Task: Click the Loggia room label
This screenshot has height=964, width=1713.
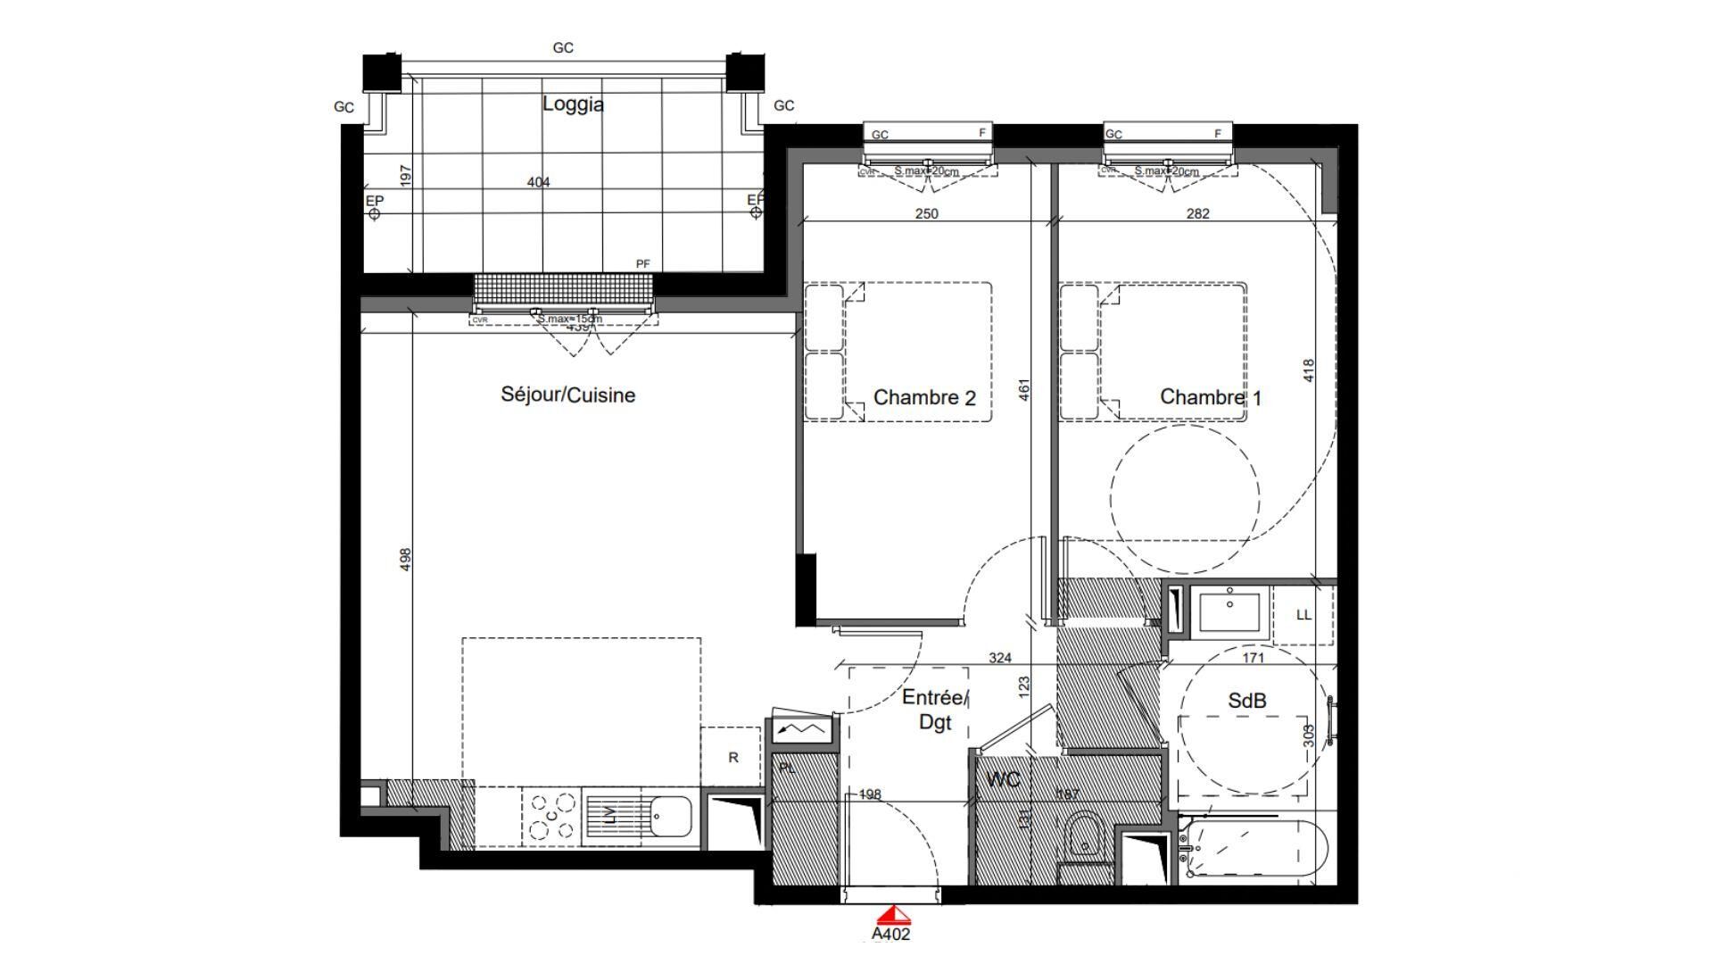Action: coord(573,104)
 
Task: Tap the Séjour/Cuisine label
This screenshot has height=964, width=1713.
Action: coord(567,395)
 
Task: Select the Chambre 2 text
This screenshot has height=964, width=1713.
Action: coord(923,398)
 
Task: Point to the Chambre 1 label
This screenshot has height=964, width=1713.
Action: coord(1210,397)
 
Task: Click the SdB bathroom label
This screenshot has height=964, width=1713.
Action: coord(1246,702)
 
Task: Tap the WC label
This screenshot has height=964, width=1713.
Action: coord(1003,780)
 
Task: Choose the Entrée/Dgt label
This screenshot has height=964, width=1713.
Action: coord(934,710)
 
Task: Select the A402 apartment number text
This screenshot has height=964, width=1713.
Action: coord(890,935)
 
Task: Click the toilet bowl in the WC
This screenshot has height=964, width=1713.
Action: coord(1084,837)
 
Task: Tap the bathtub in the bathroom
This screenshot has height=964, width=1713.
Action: coord(1254,849)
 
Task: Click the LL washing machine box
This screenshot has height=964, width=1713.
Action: coord(1303,615)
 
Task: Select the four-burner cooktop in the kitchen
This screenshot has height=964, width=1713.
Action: coord(551,817)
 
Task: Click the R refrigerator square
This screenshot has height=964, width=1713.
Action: coord(733,758)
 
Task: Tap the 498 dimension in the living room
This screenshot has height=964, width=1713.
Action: coord(405,560)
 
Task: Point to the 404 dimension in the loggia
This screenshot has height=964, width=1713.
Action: coord(538,182)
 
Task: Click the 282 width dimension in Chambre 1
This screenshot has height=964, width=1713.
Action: coord(1197,213)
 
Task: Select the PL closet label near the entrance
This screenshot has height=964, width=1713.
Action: coord(787,768)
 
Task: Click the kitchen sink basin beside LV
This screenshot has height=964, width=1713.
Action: coord(670,816)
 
